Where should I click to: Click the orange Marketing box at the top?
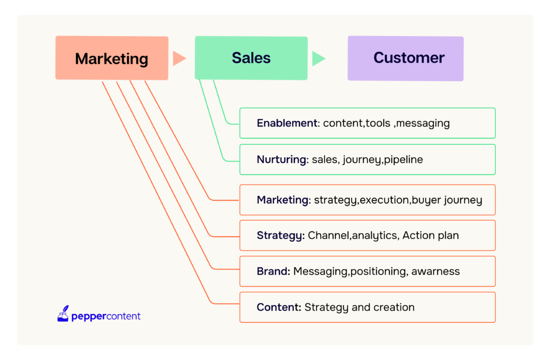[112, 58]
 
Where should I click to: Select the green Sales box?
[251, 58]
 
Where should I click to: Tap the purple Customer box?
[406, 58]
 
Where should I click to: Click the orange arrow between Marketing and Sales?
[179, 58]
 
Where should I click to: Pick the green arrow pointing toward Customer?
[319, 58]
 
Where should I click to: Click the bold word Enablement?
[287, 123]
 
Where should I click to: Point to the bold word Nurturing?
[281, 160]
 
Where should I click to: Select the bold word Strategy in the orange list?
[280, 236]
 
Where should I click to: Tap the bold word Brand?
[272, 271]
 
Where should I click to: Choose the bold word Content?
[278, 307]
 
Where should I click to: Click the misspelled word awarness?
[435, 271]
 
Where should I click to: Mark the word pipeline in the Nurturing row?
[404, 160]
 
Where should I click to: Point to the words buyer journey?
[447, 200]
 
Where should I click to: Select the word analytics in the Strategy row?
[375, 236]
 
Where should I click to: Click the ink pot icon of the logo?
[63, 314]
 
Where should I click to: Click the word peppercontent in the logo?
[106, 316]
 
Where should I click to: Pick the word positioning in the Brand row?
[378, 272]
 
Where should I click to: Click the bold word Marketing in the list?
[282, 200]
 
